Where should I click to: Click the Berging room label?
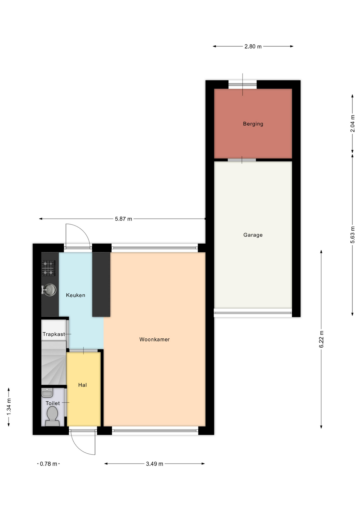click(253, 124)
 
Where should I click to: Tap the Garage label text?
click(253, 235)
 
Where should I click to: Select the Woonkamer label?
click(154, 339)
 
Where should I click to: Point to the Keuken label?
click(75, 295)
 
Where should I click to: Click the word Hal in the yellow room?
click(82, 385)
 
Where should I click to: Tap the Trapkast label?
click(54, 334)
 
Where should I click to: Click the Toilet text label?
click(53, 403)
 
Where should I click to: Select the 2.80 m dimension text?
click(253, 46)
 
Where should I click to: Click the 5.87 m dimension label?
click(123, 219)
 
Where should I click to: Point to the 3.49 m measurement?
click(154, 464)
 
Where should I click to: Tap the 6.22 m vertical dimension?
click(321, 339)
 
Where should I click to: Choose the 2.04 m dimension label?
click(352, 124)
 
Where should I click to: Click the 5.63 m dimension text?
click(352, 235)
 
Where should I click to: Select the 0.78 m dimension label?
click(48, 464)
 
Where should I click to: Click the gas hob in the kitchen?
click(48, 268)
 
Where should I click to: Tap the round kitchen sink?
click(49, 290)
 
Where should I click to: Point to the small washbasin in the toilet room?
click(47, 393)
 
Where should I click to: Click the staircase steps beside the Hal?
click(54, 363)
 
